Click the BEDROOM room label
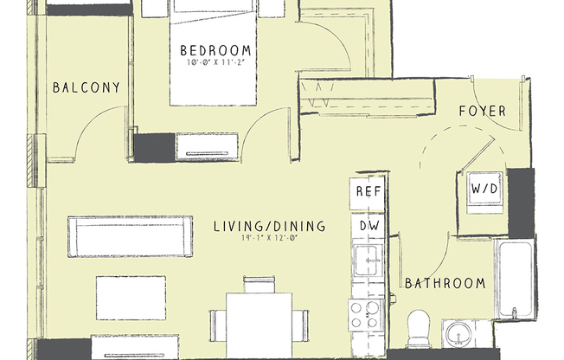pyautogui.click(x=216, y=49)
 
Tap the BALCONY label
pyautogui.click(x=86, y=87)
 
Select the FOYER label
pyautogui.click(x=482, y=112)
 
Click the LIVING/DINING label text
pyautogui.click(x=269, y=227)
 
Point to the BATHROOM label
pyautogui.click(x=445, y=283)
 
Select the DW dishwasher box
pyautogui.click(x=367, y=225)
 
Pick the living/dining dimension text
pyautogui.click(x=269, y=240)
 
